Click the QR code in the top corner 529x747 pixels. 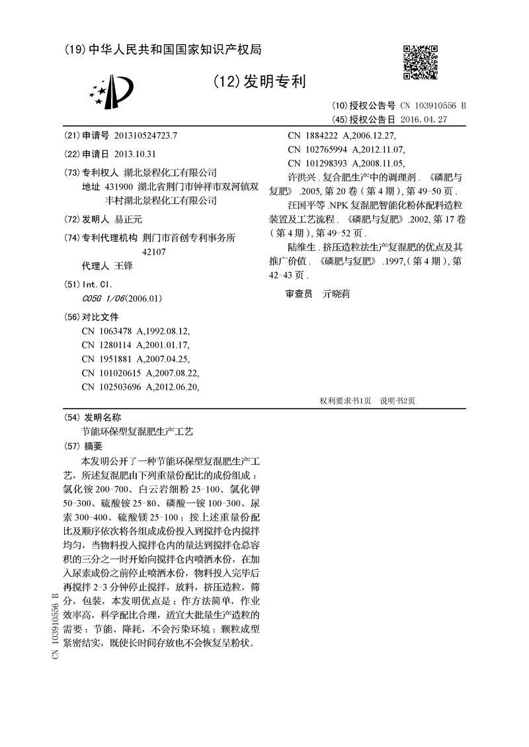pos(421,63)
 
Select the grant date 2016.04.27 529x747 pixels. pos(425,120)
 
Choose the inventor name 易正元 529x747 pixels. pos(129,219)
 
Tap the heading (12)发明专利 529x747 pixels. pos(260,82)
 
